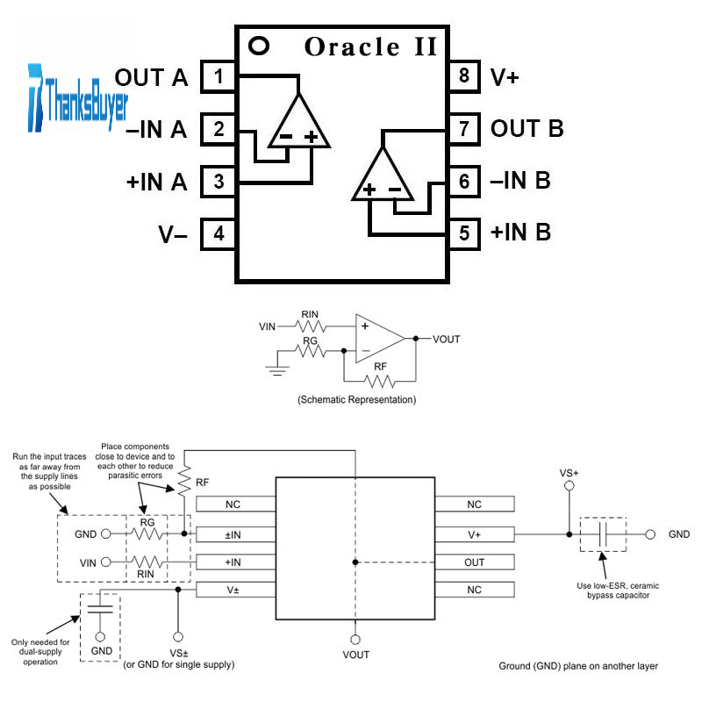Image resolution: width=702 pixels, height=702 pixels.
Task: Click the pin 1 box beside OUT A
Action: [x=218, y=77]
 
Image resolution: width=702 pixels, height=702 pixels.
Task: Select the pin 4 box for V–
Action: [x=218, y=234]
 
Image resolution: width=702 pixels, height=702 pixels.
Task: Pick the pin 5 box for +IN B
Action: [x=464, y=233]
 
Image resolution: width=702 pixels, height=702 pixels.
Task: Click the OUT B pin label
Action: [x=526, y=129]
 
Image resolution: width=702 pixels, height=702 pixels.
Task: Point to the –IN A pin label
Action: [x=156, y=131]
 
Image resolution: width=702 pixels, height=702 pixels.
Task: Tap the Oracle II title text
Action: [x=370, y=47]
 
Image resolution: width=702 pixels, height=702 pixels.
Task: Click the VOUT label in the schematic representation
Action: [x=446, y=339]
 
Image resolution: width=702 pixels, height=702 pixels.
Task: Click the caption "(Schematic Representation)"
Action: [x=356, y=400]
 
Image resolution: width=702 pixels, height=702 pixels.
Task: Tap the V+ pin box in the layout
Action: [x=474, y=534]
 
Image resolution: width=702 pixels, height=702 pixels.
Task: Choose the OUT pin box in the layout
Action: [x=474, y=562]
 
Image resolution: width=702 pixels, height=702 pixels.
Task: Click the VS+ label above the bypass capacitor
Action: [x=569, y=473]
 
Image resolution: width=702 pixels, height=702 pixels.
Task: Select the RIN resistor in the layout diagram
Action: [x=148, y=562]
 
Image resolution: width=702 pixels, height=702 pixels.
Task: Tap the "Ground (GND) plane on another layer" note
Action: [x=578, y=666]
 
